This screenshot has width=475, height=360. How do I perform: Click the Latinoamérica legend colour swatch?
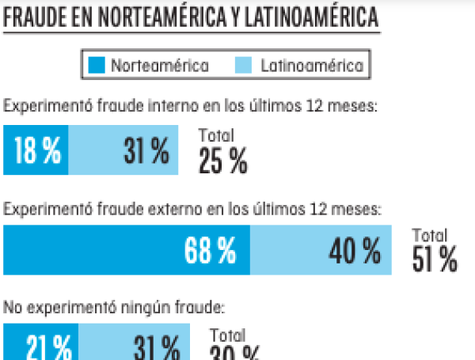point(244,66)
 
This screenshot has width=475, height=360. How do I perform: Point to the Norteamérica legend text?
point(159,66)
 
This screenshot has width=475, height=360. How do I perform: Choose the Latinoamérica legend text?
point(311,66)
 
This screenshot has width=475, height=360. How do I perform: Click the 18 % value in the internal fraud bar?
point(37,151)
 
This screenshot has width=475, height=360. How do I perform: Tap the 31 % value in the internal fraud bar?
point(146,151)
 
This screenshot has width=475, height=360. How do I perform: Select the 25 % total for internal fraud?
point(222,161)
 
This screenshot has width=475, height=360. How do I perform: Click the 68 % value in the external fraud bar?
point(210,252)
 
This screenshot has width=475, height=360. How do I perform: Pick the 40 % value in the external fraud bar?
point(355,252)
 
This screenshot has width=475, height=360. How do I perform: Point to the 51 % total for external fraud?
point(435,260)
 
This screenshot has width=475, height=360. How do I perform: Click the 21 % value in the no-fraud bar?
point(48,348)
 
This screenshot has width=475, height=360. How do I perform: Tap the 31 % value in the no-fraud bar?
point(157,348)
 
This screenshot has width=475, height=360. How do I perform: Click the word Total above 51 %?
point(430,236)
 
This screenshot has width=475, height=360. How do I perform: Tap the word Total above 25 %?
point(216,135)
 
